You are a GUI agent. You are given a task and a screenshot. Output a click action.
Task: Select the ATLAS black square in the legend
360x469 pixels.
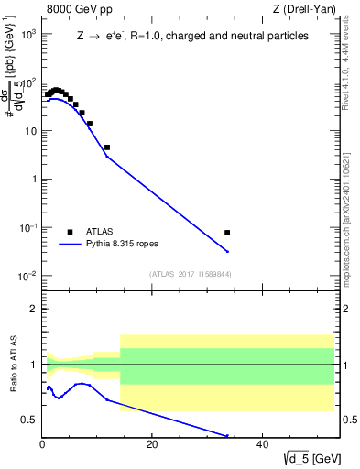70,232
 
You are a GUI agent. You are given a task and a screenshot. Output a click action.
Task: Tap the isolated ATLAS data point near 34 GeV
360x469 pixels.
227,233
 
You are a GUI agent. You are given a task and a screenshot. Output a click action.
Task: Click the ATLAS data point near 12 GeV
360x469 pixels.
107,147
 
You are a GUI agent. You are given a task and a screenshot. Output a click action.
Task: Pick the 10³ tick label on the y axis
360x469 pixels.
27,34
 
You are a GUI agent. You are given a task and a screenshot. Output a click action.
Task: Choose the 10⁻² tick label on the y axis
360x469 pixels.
27,276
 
